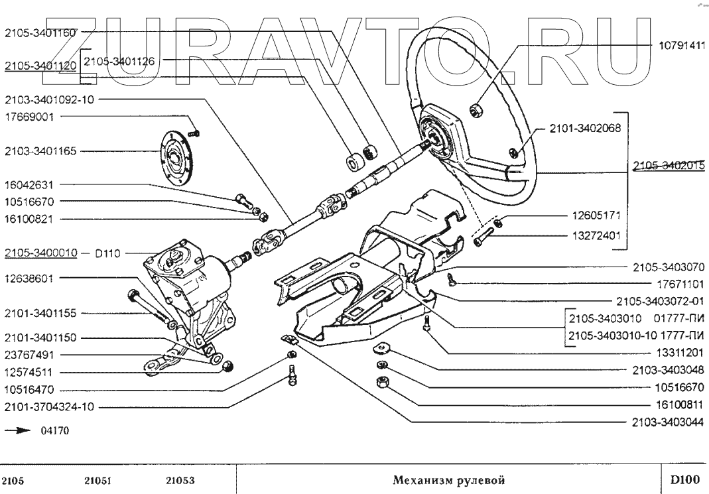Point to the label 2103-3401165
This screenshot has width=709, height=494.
click(40, 151)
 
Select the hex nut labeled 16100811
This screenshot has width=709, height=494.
click(381, 381)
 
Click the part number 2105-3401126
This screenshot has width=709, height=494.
click(119, 60)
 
